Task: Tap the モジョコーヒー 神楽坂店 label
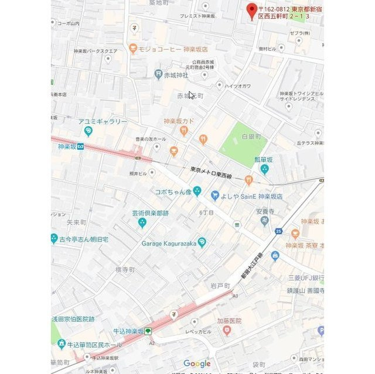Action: (x=170, y=49)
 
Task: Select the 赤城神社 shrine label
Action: (x=176, y=75)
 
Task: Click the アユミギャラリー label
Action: (x=103, y=121)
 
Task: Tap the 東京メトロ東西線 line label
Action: (x=211, y=173)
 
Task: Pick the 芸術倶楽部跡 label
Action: (x=150, y=213)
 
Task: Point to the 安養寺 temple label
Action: (x=265, y=212)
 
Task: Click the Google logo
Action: (x=197, y=363)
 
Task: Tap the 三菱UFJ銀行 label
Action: (x=305, y=277)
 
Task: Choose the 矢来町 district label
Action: (x=77, y=222)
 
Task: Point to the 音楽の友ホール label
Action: (x=151, y=139)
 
